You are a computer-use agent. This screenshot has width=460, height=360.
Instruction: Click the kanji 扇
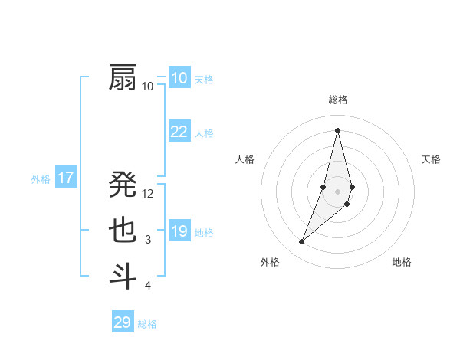pyautogui.click(x=123, y=78)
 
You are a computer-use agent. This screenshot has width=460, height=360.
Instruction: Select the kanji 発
pyautogui.click(x=123, y=185)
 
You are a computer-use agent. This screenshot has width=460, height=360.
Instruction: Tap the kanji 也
pyautogui.click(x=123, y=231)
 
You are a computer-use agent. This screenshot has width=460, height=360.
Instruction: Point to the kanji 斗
pyautogui.click(x=123, y=276)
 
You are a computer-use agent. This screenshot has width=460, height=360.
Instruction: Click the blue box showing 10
pyautogui.click(x=179, y=78)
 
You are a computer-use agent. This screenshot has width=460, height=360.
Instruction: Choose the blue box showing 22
pyautogui.click(x=179, y=132)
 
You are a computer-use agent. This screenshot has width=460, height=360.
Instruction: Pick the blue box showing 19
pyautogui.click(x=179, y=231)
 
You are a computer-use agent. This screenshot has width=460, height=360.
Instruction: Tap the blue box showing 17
pyautogui.click(x=66, y=178)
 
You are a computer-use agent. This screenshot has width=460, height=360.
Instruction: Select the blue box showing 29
pyautogui.click(x=123, y=322)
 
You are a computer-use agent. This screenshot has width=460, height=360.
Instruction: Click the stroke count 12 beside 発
pyautogui.click(x=149, y=194)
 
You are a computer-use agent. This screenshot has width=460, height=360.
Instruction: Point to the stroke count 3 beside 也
pyautogui.click(x=148, y=240)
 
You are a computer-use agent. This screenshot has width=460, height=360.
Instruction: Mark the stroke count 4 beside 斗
pyautogui.click(x=148, y=286)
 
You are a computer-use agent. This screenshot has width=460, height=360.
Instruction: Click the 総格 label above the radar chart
pyautogui.click(x=338, y=100)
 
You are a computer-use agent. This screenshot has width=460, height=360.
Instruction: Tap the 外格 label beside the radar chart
pyautogui.click(x=270, y=262)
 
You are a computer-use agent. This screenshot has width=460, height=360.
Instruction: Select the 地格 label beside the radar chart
pyautogui.click(x=402, y=262)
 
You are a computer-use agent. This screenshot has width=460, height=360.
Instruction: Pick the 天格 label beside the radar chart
pyautogui.click(x=432, y=159)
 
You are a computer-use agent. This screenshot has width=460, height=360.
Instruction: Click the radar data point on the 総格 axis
pyautogui.click(x=338, y=129)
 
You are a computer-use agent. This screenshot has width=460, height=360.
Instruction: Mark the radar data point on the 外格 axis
pyautogui.click(x=302, y=242)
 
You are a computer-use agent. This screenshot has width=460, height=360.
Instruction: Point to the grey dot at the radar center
pyautogui.click(x=338, y=191)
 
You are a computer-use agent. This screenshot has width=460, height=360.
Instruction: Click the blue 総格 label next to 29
pyautogui.click(x=147, y=324)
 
